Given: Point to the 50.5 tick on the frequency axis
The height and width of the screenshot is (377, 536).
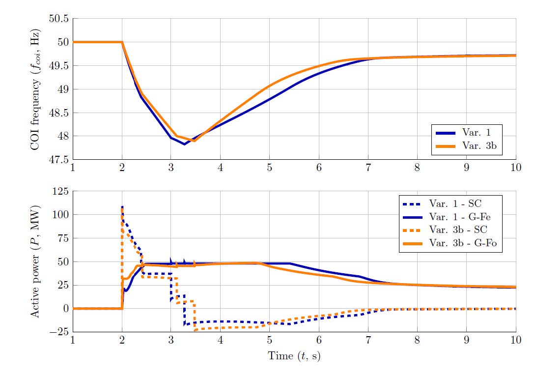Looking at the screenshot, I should point(59,19).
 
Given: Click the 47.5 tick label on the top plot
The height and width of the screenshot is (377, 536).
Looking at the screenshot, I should point(59,160).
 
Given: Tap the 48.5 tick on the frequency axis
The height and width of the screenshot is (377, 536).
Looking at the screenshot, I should point(59,113).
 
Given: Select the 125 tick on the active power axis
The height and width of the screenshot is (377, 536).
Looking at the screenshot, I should point(60,191).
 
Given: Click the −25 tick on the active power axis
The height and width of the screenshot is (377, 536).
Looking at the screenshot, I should point(58,332).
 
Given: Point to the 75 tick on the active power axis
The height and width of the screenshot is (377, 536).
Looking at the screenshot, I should point(62,238).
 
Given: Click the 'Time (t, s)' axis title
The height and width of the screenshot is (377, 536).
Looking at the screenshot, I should point(294,356).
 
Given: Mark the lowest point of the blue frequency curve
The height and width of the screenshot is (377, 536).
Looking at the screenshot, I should point(184,145).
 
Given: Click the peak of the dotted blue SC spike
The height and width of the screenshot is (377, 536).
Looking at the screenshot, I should point(122,206).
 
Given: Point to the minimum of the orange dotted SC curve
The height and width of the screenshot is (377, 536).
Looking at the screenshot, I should point(195,330).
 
